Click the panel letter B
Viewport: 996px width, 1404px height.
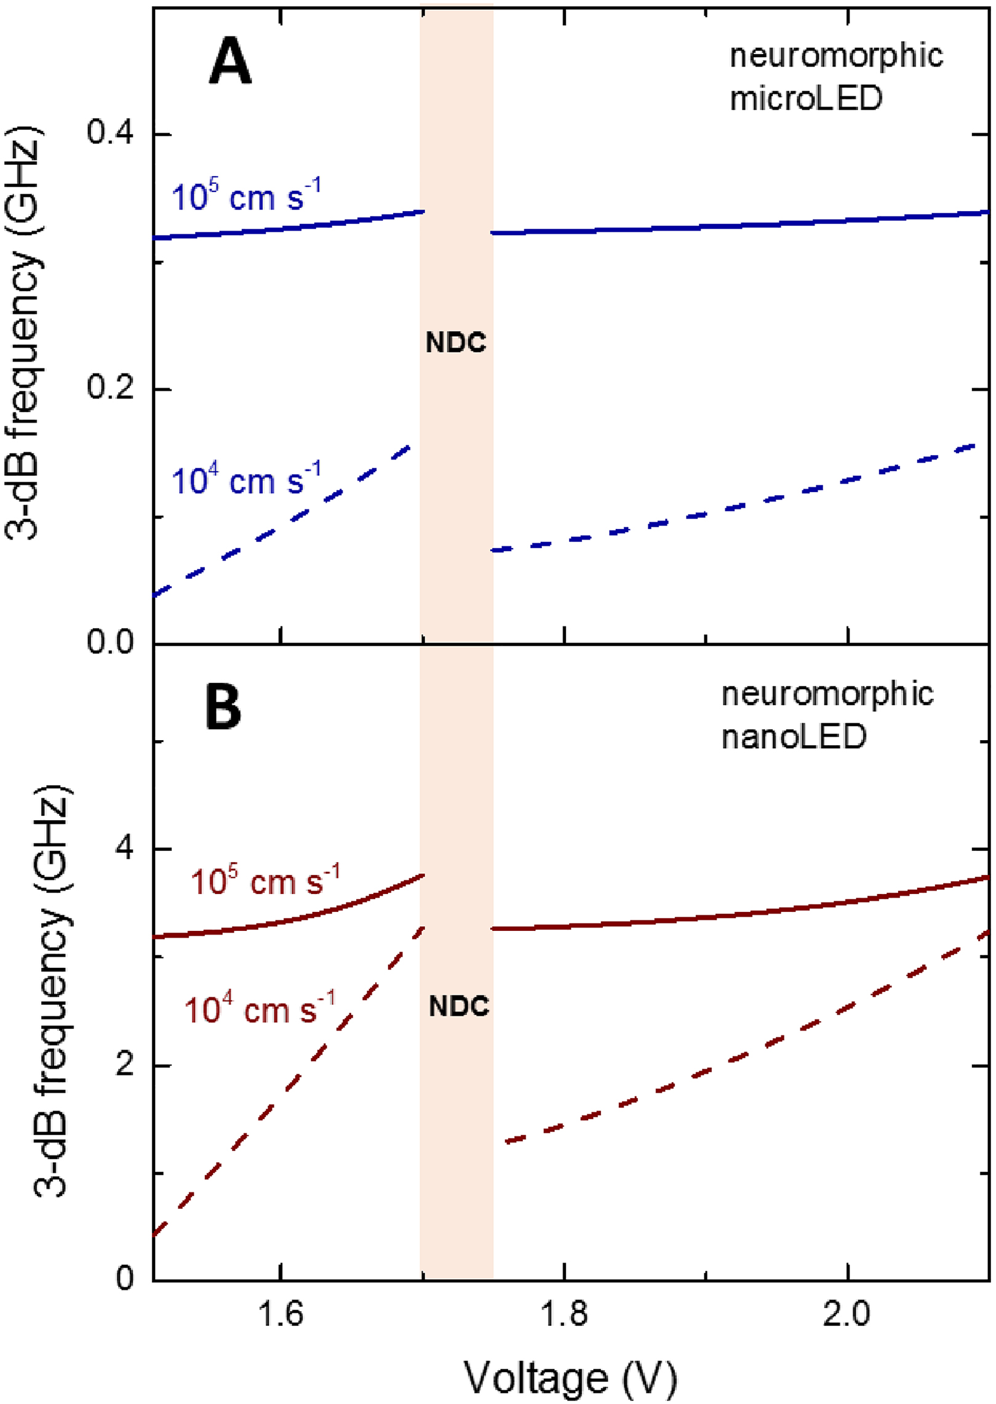click(223, 708)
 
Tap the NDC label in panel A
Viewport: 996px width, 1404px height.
click(456, 343)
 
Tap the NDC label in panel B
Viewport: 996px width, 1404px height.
click(459, 1007)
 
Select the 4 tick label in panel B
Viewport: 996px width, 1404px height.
click(124, 850)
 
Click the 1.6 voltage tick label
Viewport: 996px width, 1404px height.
click(281, 1312)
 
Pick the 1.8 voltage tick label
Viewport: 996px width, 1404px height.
click(564, 1312)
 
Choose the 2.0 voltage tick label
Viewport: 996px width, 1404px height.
click(847, 1312)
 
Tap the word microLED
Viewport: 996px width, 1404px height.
click(806, 98)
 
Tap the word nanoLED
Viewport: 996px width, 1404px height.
click(794, 737)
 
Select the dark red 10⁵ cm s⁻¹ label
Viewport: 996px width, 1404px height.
click(265, 881)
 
